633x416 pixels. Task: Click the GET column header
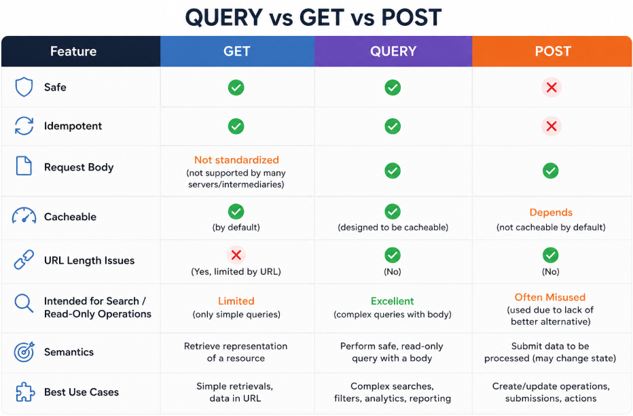[237, 51]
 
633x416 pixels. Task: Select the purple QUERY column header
[393, 51]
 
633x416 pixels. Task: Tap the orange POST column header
[552, 51]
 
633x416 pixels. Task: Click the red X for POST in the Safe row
[551, 87]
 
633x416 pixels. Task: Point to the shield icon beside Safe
[24, 87]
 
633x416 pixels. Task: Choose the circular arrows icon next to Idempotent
[24, 126]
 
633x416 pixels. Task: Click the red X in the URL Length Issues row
[236, 255]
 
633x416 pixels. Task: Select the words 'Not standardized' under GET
[236, 160]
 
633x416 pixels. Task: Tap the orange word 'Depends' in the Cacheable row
[551, 213]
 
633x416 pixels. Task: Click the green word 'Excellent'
[393, 301]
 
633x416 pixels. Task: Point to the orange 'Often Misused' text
[550, 297]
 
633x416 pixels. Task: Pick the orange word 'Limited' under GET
[236, 301]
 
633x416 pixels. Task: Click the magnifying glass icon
[24, 303]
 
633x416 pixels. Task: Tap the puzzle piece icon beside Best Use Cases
[24, 392]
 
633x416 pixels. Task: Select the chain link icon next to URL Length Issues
[24, 260]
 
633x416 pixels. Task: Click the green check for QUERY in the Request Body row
[393, 171]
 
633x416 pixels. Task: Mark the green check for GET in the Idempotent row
[236, 126]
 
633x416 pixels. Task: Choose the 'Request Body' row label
[79, 167]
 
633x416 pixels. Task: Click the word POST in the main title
[412, 18]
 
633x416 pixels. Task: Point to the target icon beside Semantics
[24, 352]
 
